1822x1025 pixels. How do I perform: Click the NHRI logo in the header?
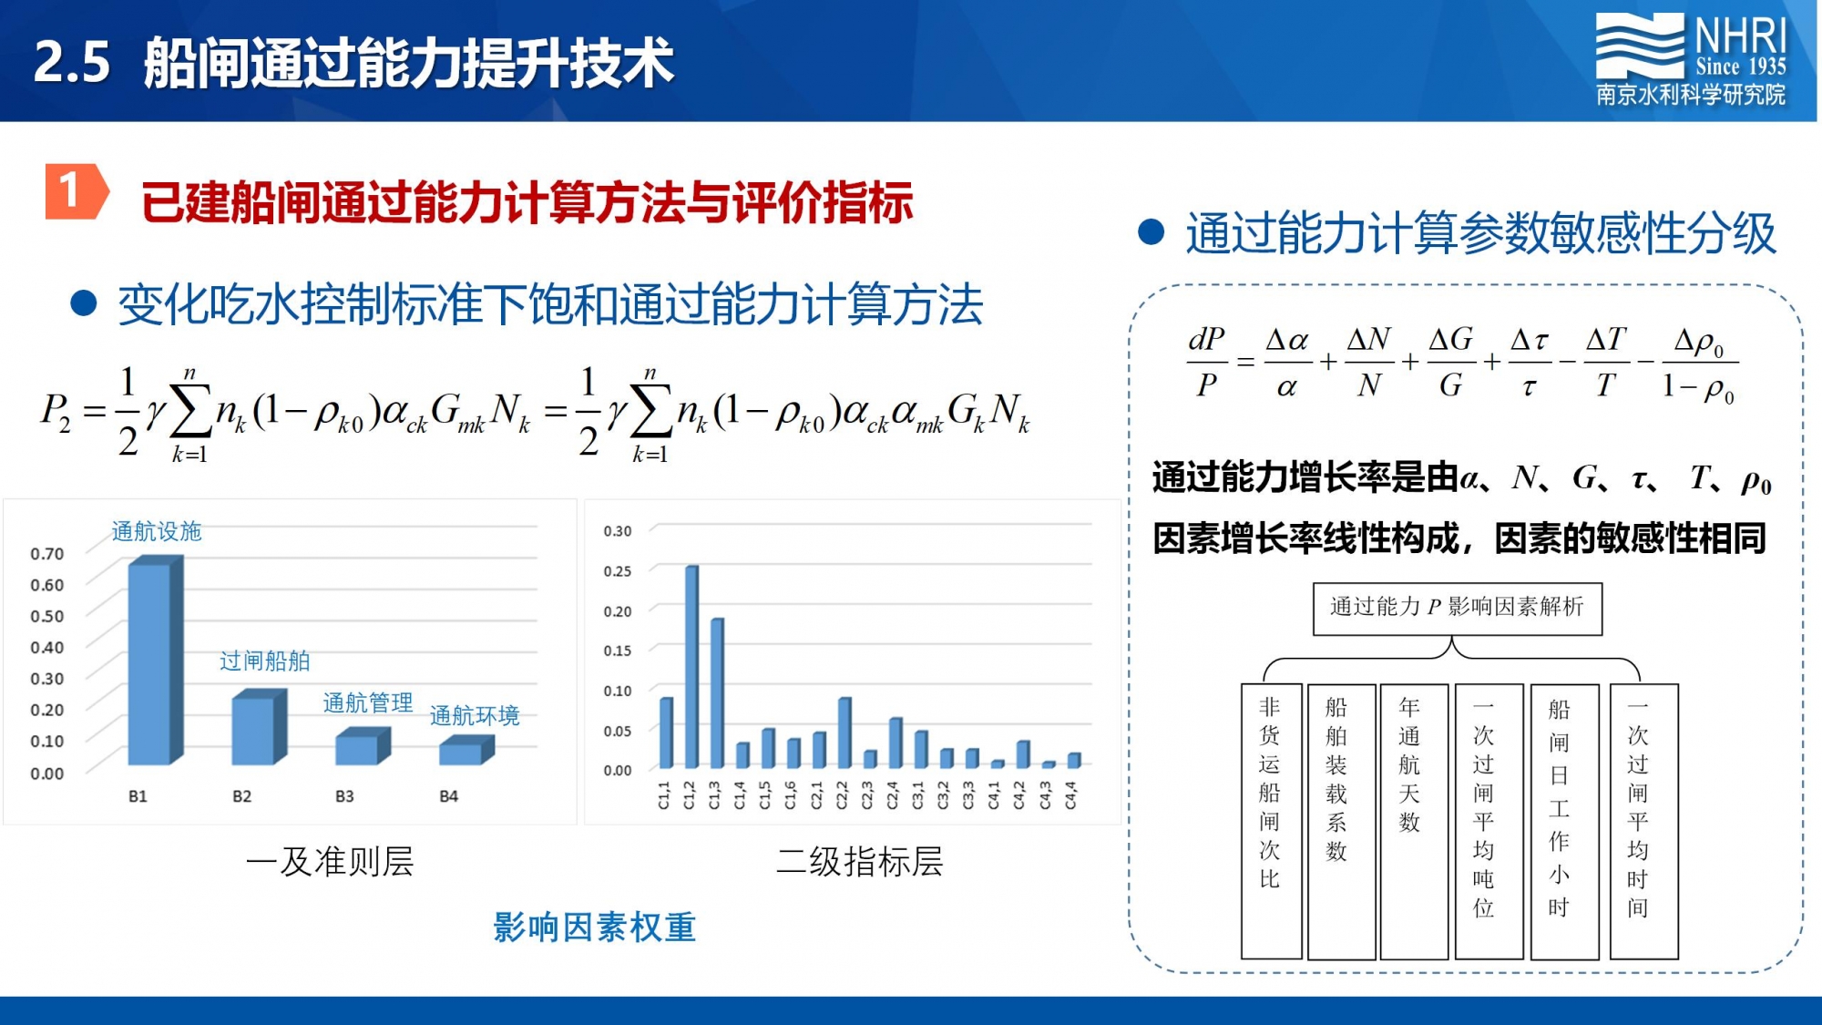(x=1691, y=60)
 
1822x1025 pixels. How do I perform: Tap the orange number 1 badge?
(x=77, y=191)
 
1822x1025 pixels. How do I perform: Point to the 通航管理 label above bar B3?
(x=368, y=702)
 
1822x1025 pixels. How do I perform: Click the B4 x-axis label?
(x=448, y=796)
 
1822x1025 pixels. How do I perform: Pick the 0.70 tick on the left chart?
(x=47, y=554)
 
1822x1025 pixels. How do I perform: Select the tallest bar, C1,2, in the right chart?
(x=691, y=667)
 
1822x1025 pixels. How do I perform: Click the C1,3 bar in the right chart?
(x=717, y=692)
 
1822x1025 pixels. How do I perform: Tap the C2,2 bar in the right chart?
(x=844, y=733)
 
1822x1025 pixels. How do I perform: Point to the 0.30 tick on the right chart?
(x=617, y=531)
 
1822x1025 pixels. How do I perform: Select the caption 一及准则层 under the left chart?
(x=330, y=861)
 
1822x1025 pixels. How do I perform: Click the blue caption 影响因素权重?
(x=595, y=928)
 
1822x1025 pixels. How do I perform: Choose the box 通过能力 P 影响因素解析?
(x=1457, y=609)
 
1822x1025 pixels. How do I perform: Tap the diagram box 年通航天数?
(x=1414, y=821)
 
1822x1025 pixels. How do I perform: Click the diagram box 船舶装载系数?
(x=1341, y=821)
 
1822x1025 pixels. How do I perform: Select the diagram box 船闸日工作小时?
(x=1564, y=821)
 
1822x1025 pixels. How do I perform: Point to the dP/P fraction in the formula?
(x=1207, y=362)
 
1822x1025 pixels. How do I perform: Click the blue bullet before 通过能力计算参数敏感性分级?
(x=1152, y=232)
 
